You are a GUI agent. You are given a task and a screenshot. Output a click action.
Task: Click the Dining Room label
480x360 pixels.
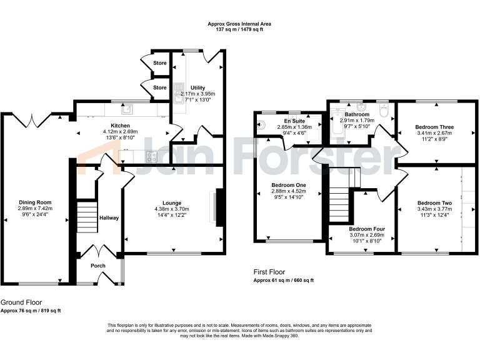click(35, 202)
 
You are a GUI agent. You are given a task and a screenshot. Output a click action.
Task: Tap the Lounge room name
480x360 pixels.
click(172, 202)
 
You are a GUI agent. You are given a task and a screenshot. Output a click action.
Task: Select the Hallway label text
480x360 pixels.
click(109, 218)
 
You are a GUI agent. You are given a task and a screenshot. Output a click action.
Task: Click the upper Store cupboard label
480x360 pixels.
click(161, 62)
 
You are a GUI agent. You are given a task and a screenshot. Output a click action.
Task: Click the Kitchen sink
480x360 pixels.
click(127, 110)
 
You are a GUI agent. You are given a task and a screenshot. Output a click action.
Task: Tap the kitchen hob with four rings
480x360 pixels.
click(152, 157)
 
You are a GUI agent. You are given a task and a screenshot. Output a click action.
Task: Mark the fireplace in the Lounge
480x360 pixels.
click(218, 206)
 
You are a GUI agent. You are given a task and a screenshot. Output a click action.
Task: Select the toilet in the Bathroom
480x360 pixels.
click(383, 112)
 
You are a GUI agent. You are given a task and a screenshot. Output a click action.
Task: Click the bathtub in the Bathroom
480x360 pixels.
click(337, 126)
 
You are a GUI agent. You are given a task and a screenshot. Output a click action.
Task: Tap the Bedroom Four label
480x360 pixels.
click(367, 229)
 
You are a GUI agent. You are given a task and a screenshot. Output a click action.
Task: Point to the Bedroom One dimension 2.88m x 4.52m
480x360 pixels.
click(288, 192)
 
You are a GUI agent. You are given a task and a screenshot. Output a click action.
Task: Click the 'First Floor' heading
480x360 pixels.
click(269, 272)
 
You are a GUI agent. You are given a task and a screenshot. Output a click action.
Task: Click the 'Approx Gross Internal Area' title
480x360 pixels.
click(239, 24)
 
